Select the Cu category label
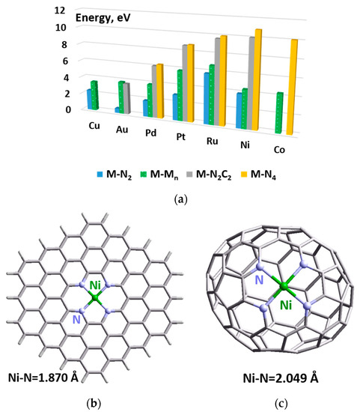pyautogui.click(x=95, y=124)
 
